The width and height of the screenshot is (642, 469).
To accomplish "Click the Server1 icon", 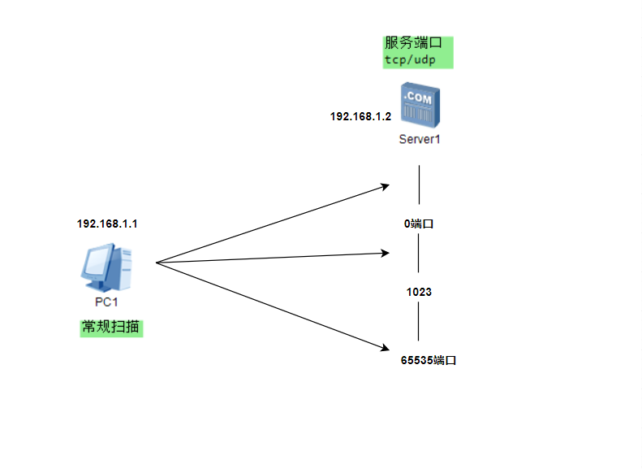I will point(419,105).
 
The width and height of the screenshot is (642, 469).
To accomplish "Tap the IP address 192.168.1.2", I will point(360,117).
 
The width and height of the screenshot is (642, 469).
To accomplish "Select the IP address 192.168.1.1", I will point(107,224).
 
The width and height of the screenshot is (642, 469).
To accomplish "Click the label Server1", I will point(419,139).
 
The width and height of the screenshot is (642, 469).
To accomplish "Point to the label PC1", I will point(107,303).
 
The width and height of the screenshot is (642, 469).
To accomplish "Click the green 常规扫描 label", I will point(111,328).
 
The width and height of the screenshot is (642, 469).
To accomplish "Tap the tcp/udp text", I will point(411,60).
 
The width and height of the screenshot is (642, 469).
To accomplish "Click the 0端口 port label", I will point(419,224).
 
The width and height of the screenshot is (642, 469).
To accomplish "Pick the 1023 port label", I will point(419,291).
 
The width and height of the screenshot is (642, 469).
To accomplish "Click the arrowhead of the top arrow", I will point(386,186).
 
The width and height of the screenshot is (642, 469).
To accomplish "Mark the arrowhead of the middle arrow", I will point(386,254).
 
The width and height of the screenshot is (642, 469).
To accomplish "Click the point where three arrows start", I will point(155,263).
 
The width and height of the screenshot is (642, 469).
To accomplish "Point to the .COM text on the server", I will point(418,96).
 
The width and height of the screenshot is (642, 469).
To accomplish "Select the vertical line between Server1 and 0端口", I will point(419,185).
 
